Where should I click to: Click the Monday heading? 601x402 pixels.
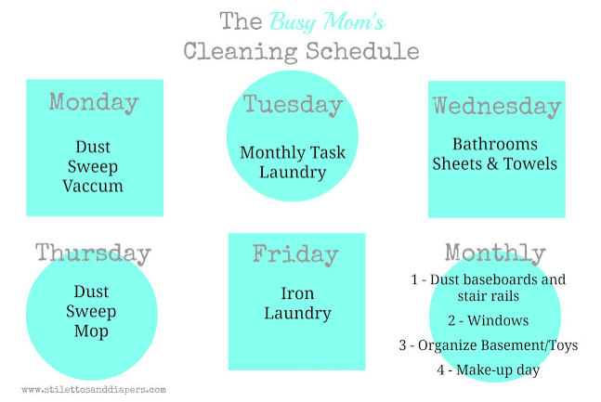pyautogui.click(x=94, y=103)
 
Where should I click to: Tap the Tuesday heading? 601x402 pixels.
pyautogui.click(x=293, y=105)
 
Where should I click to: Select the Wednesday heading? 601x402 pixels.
pyautogui.click(x=497, y=106)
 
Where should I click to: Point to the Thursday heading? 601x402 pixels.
pyautogui.click(x=93, y=253)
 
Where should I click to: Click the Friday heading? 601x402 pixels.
pyautogui.click(x=295, y=254)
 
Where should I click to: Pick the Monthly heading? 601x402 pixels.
pyautogui.click(x=495, y=253)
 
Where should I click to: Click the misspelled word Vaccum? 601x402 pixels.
pyautogui.click(x=93, y=186)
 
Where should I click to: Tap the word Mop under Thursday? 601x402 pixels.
pyautogui.click(x=91, y=331)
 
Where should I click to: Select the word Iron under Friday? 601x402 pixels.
pyautogui.click(x=297, y=293)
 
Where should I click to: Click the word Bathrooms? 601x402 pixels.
pyautogui.click(x=495, y=144)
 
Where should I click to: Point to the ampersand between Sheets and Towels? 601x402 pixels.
pyautogui.click(x=492, y=164)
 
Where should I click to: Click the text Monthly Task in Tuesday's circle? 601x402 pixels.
pyautogui.click(x=293, y=152)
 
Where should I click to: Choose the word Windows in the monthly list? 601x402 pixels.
pyautogui.click(x=498, y=320)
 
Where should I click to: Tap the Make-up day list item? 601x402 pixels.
pyautogui.click(x=489, y=370)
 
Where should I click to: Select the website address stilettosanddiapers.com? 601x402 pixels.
pyautogui.click(x=94, y=390)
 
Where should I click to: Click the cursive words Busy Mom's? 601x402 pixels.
pyautogui.click(x=327, y=21)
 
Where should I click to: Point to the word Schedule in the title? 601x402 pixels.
pyautogui.click(x=362, y=51)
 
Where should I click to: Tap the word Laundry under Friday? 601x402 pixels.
pyautogui.click(x=297, y=314)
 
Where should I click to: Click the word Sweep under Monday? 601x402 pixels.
pyautogui.click(x=93, y=167)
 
